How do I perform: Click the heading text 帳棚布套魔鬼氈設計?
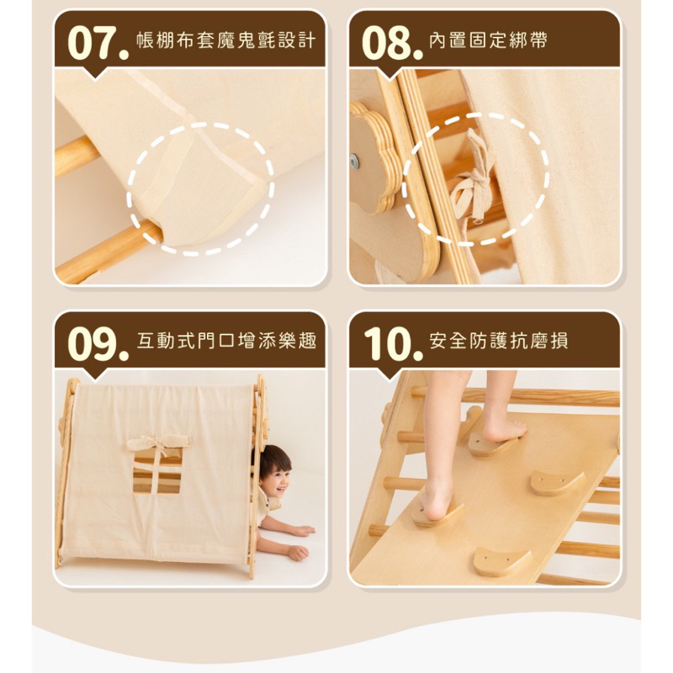tap(226, 40)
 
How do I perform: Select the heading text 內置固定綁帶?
tap(488, 40)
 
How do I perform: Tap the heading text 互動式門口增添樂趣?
tap(226, 342)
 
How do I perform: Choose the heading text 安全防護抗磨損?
tap(498, 342)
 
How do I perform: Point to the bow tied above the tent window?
tap(158, 443)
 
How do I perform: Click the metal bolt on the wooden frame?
tap(354, 162)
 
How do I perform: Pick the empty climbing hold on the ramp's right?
tap(557, 483)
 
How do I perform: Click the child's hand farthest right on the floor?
tap(299, 553)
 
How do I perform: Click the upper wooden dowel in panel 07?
tap(78, 156)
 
